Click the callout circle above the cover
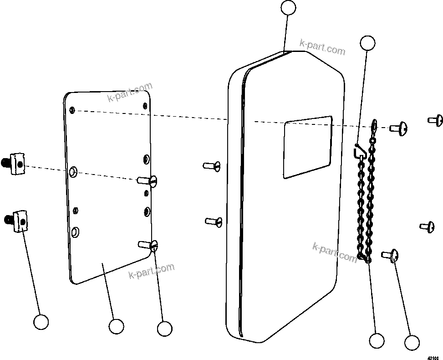288,7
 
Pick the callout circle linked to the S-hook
367,43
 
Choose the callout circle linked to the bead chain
377,340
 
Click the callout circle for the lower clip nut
41,322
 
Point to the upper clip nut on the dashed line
16,163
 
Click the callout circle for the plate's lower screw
164,328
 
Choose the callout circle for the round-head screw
412,343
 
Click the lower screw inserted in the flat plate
149,246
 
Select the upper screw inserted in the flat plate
149,181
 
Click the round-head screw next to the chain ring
399,129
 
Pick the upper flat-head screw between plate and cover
212,165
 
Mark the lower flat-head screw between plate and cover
214,221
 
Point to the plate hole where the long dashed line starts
72,110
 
